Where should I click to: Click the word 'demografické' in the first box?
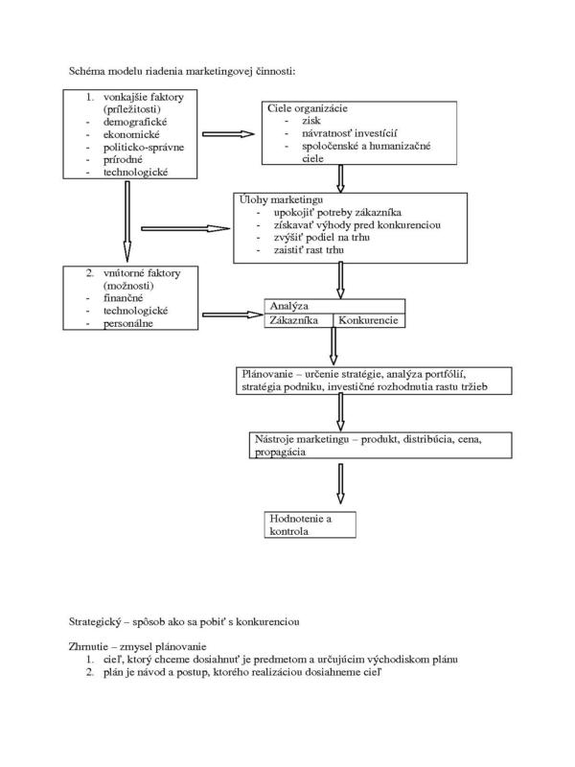click(x=135, y=123)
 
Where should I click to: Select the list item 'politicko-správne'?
click(x=143, y=148)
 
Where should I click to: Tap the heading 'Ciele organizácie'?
click(x=307, y=108)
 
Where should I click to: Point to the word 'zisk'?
click(x=311, y=121)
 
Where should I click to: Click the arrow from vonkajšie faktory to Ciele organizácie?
click(x=228, y=134)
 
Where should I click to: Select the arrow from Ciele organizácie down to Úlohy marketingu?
click(x=341, y=178)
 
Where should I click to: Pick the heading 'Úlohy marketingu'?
click(x=281, y=199)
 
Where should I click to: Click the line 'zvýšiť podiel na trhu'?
click(x=322, y=237)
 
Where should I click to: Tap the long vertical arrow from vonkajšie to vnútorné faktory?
click(x=127, y=221)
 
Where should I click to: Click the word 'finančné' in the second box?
click(x=124, y=298)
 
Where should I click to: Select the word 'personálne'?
click(x=128, y=323)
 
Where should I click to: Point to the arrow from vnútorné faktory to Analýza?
click(x=233, y=314)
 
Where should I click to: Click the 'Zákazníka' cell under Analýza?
click(x=298, y=320)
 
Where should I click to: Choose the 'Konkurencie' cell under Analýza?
click(x=369, y=320)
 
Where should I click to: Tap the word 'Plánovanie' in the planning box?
click(x=267, y=374)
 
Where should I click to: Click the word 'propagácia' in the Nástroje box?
click(x=280, y=452)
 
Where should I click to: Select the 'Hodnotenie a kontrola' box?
click(x=310, y=524)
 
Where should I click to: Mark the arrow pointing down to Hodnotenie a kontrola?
click(x=340, y=484)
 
